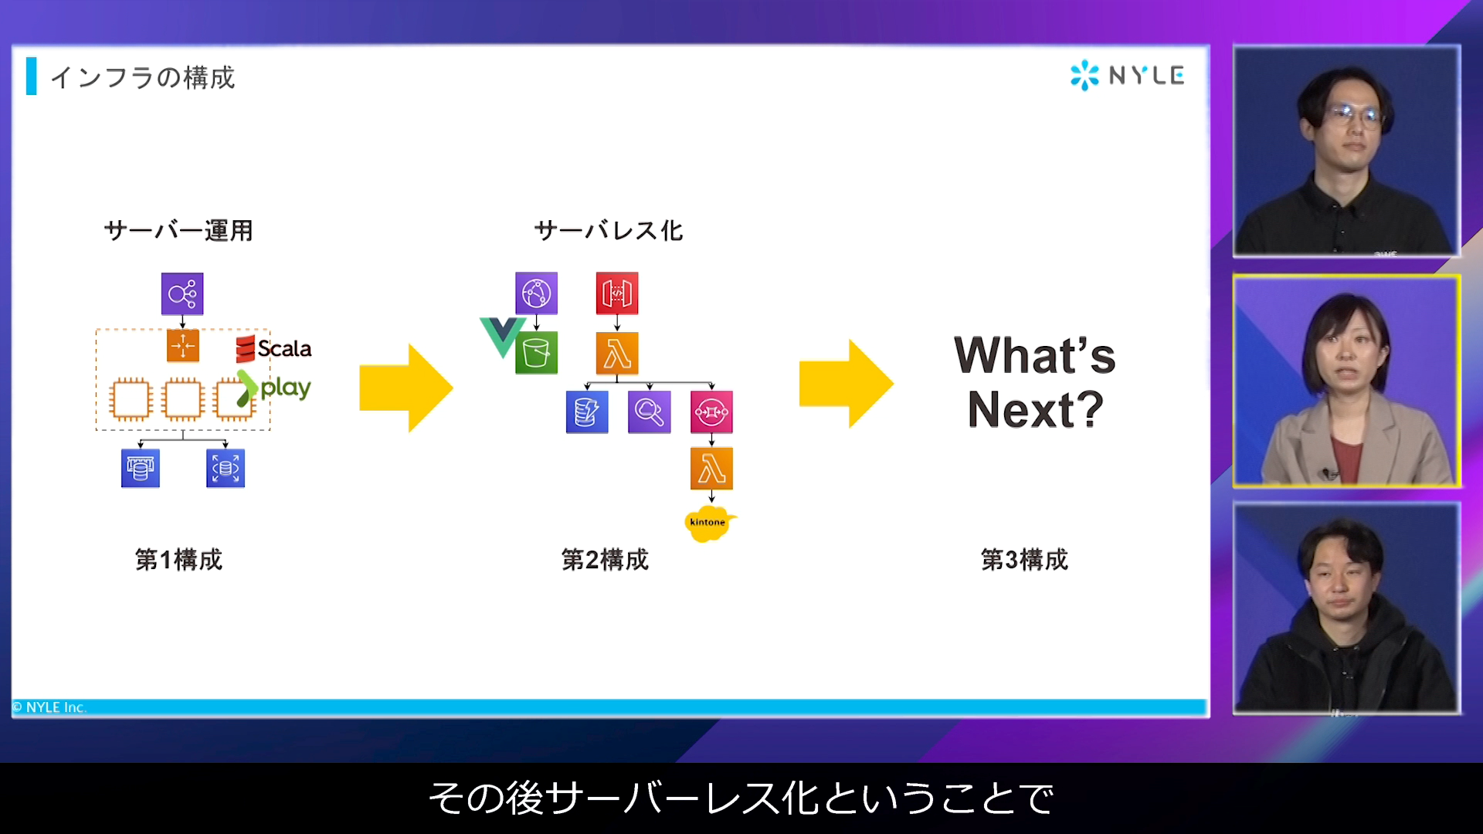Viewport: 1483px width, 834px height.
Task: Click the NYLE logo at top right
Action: pyautogui.click(x=1127, y=75)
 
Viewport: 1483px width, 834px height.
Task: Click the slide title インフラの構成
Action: pyautogui.click(x=142, y=77)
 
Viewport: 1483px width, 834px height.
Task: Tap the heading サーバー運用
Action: pyautogui.click(x=178, y=230)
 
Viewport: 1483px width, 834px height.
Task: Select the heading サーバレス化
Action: pyautogui.click(x=609, y=230)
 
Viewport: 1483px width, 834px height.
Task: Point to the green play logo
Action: pyautogui.click(x=274, y=388)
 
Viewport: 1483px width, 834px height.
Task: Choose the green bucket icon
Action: pyautogui.click(x=536, y=354)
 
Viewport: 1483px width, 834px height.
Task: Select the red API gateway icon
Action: pyautogui.click(x=617, y=293)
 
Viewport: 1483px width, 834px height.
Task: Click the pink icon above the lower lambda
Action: pyautogui.click(x=711, y=412)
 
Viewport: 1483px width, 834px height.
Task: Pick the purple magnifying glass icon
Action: pyautogui.click(x=650, y=412)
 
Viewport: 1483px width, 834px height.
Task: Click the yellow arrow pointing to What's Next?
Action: pyautogui.click(x=847, y=384)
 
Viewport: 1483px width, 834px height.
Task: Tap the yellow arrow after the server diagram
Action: pyautogui.click(x=406, y=388)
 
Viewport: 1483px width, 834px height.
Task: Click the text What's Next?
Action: pyautogui.click(x=1035, y=382)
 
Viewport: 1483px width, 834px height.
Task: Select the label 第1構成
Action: pyautogui.click(x=178, y=559)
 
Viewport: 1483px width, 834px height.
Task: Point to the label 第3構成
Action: pyautogui.click(x=1024, y=559)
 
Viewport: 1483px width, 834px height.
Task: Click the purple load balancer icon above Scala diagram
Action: pyautogui.click(x=182, y=293)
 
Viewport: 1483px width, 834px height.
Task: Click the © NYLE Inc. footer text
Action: pyautogui.click(x=49, y=707)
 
